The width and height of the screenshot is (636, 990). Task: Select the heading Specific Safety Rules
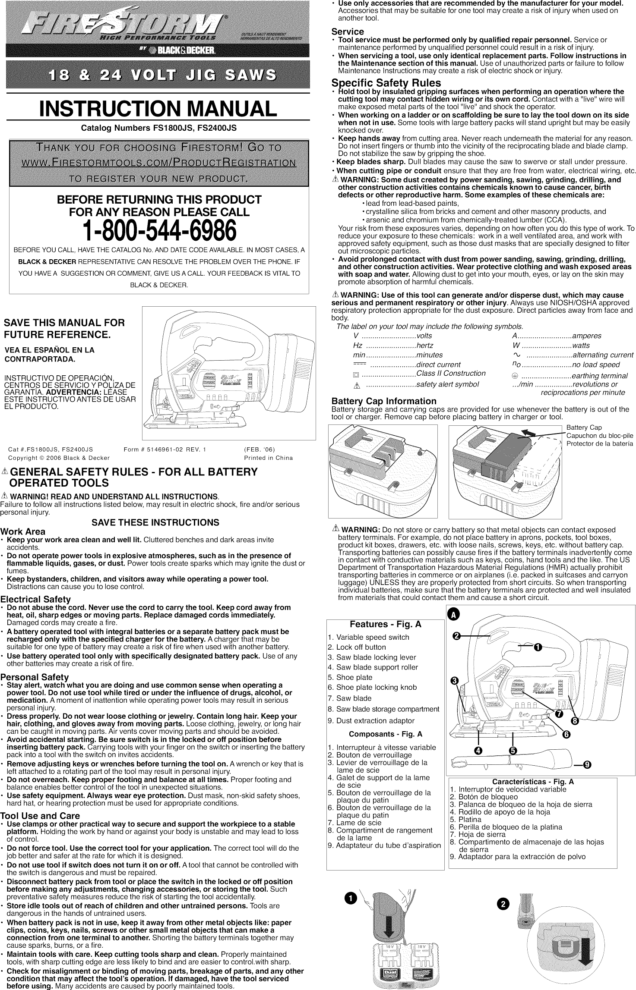point(386,83)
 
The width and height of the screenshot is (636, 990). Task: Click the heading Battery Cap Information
point(384,401)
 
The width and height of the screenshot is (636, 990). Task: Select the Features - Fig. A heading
point(385,625)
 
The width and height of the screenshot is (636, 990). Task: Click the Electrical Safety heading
point(35,600)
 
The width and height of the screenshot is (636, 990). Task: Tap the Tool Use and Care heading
point(40,816)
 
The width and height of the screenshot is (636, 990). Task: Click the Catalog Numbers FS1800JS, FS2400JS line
point(159,129)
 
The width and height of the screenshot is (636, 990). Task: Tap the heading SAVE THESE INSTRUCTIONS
point(155,523)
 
